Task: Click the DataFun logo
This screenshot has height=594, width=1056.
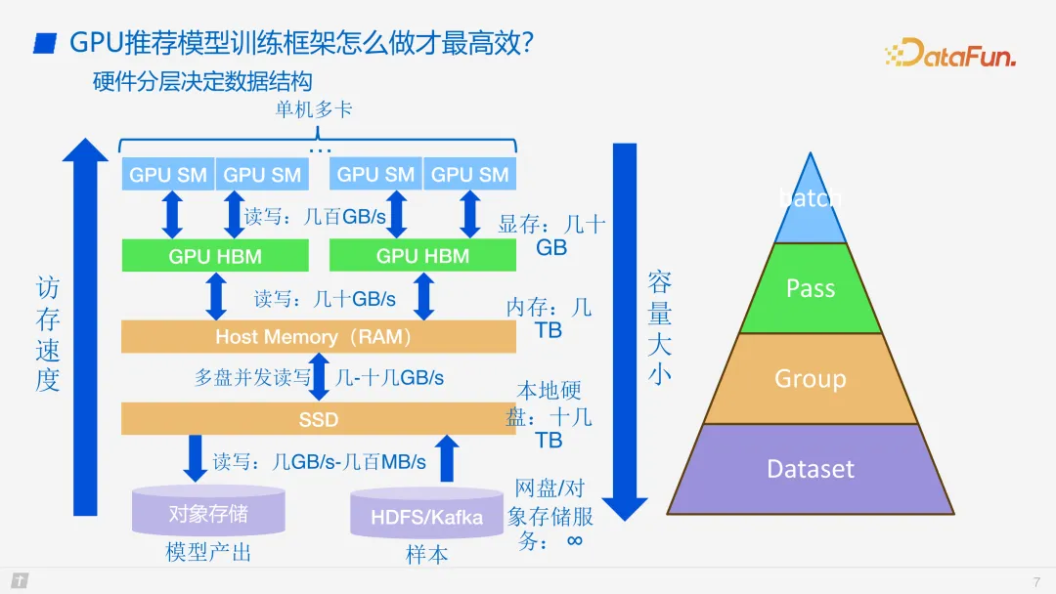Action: tap(949, 53)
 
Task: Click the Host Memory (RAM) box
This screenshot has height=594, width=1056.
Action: tap(318, 337)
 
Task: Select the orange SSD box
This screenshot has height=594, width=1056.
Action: tap(318, 419)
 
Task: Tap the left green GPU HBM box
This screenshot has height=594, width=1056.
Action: tap(215, 256)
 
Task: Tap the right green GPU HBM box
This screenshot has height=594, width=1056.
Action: tap(422, 256)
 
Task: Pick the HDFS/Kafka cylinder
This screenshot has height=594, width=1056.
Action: tap(426, 515)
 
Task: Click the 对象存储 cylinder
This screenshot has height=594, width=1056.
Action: tap(208, 512)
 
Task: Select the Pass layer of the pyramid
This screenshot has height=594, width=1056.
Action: tap(811, 288)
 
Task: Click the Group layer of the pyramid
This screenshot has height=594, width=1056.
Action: tap(811, 379)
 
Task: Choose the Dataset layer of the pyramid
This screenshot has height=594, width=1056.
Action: tap(811, 469)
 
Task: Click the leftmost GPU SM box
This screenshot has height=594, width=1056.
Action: tap(168, 175)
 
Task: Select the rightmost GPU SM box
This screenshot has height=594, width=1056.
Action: tap(470, 175)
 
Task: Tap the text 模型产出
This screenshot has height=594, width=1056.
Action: tap(208, 553)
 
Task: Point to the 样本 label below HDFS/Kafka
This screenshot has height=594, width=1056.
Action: tap(426, 555)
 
